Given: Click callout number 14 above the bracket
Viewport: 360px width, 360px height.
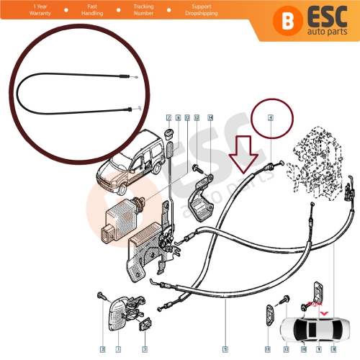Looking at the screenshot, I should pos(210,117).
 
